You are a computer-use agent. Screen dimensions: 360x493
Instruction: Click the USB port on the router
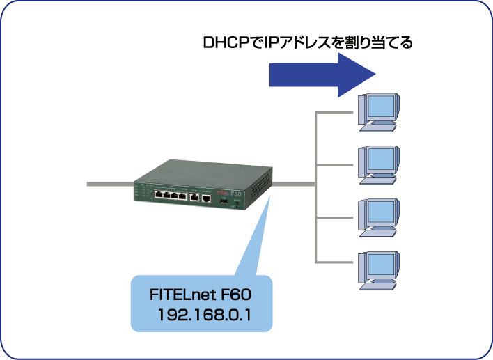(x=224, y=201)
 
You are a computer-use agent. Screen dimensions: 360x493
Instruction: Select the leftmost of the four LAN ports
(x=159, y=196)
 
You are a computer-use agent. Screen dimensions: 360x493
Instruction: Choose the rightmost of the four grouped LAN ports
(x=183, y=197)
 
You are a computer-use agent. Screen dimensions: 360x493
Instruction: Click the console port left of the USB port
(x=207, y=198)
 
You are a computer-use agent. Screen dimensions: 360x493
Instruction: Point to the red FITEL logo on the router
(x=223, y=192)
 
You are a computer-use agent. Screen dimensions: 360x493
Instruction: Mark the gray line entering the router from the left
(x=108, y=185)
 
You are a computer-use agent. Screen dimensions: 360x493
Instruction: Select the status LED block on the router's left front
(x=141, y=192)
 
